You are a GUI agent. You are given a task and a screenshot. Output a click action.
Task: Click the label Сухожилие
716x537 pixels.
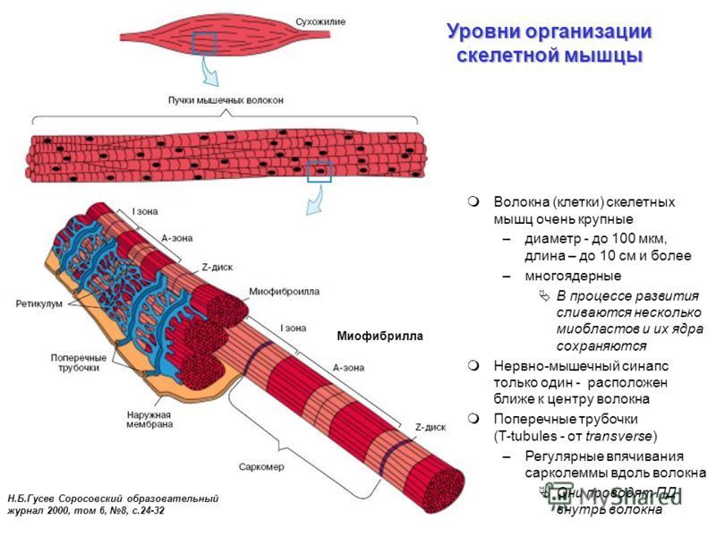point(320,20)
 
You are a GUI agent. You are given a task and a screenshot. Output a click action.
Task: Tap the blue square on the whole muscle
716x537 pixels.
point(205,42)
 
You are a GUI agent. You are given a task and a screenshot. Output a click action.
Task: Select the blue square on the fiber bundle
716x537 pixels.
point(320,171)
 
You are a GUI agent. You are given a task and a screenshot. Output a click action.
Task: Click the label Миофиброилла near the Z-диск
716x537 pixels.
point(284,292)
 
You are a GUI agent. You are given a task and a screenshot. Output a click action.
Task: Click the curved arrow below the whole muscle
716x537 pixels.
point(211,71)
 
